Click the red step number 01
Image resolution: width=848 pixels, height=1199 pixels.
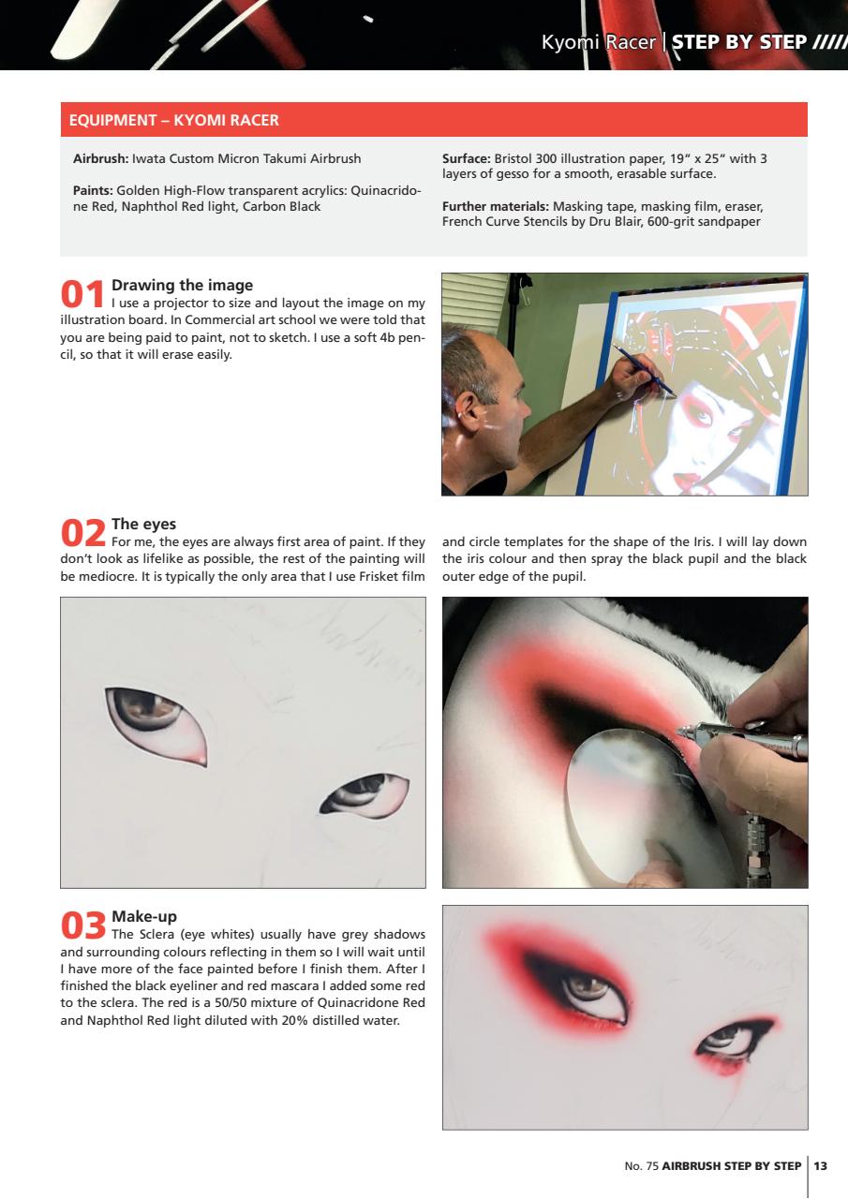pyautogui.click(x=82, y=292)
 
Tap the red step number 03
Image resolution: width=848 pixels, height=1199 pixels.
pyautogui.click(x=82, y=925)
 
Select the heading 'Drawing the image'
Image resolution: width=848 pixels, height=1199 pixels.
pyautogui.click(x=182, y=285)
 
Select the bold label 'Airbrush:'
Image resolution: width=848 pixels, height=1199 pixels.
pyautogui.click(x=101, y=158)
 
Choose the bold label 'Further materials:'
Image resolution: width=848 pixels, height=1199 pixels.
pyautogui.click(x=496, y=206)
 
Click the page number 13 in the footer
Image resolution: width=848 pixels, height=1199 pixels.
pyautogui.click(x=821, y=1166)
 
